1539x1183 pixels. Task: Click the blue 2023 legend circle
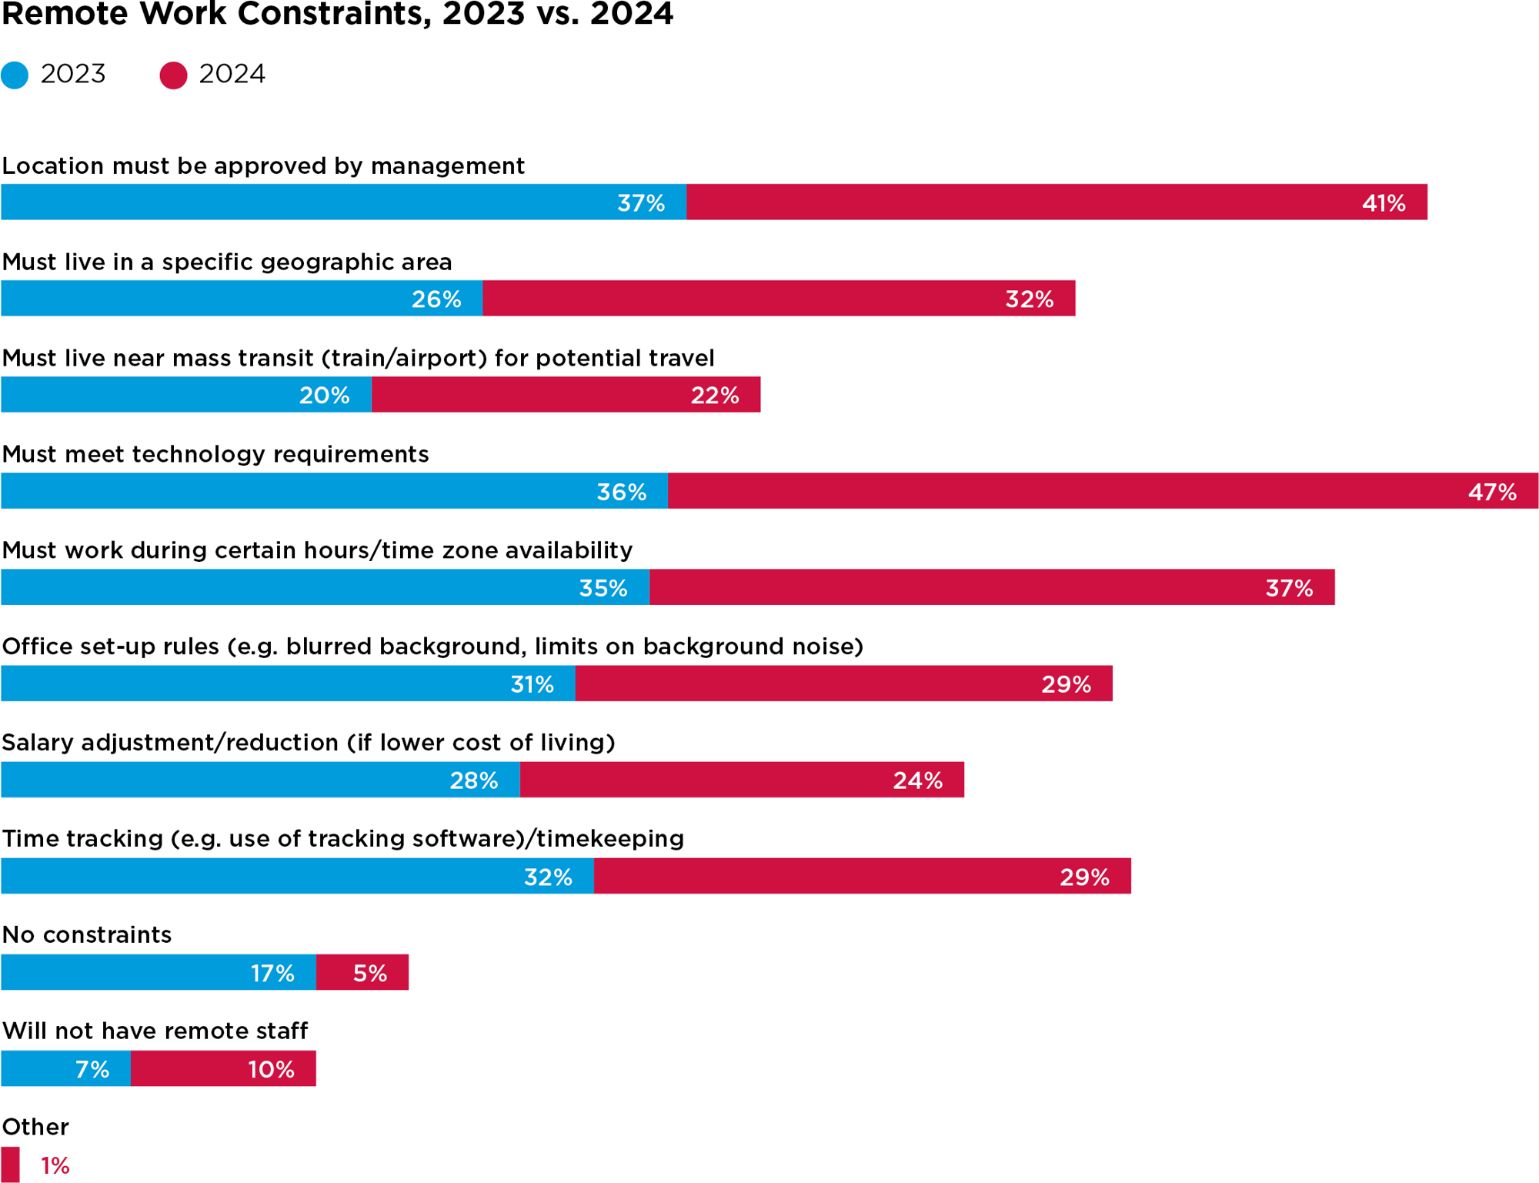pos(15,75)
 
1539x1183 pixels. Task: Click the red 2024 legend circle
pos(173,75)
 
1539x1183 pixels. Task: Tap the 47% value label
pos(1491,492)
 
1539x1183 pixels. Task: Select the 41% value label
pos(1384,203)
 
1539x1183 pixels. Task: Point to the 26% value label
pos(436,299)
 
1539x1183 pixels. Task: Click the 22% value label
pos(714,396)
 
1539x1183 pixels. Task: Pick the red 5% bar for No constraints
pos(362,972)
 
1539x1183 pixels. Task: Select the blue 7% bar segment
pos(65,1068)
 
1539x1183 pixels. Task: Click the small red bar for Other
pos(10,1165)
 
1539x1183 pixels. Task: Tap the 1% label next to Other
pos(55,1165)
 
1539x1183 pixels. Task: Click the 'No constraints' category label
pos(87,934)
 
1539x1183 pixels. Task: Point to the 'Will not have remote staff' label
pos(155,1031)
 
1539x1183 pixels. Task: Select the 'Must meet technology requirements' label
pos(215,454)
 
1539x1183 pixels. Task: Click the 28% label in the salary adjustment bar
pos(473,780)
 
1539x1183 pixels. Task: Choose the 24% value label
pos(917,780)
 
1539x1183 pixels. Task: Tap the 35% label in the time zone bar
pos(603,588)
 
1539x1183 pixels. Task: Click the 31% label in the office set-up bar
pos(532,684)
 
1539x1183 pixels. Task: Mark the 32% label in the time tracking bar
pos(548,877)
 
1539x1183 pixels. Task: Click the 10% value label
pos(271,1069)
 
